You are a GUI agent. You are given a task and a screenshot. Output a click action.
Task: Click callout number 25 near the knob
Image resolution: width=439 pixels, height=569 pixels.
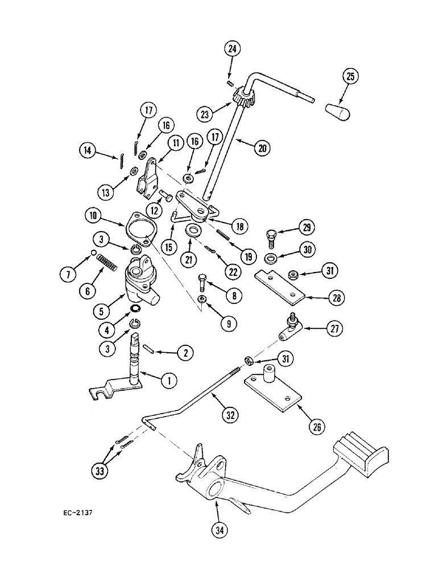click(x=351, y=77)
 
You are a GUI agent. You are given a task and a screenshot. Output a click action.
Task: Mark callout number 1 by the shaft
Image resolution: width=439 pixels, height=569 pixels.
click(x=168, y=381)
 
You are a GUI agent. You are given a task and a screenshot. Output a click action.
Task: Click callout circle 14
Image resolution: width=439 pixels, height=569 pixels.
click(x=88, y=151)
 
